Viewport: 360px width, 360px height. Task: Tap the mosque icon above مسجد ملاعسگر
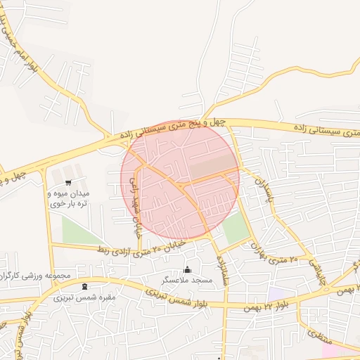[x=187, y=269]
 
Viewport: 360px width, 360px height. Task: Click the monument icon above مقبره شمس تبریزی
[x=85, y=286]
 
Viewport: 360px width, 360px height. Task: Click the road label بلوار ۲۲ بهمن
[x=265, y=305]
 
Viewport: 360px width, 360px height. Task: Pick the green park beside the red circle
[x=236, y=227]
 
